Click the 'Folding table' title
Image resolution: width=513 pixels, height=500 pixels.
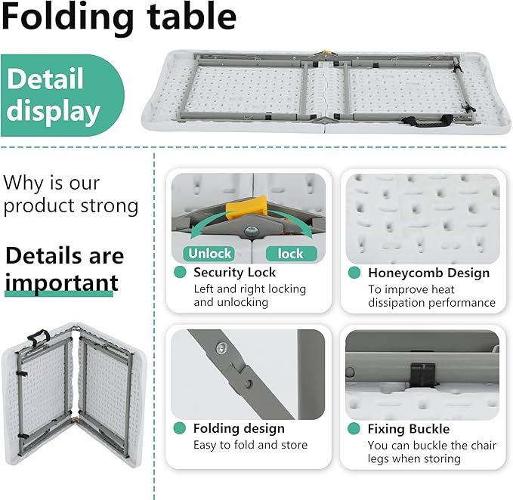119,18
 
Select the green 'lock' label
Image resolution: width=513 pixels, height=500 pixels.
291,254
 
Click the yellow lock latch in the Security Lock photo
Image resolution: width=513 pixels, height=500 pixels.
249,207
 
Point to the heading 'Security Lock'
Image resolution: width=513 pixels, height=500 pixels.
234,273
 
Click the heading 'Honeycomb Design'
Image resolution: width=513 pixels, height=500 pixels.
428,273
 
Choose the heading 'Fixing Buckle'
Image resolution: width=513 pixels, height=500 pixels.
408,429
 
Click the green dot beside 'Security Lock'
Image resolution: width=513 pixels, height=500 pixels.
180,273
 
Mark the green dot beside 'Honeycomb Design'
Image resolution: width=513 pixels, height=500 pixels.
353,273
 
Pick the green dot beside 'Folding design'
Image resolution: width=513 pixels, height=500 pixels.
180,428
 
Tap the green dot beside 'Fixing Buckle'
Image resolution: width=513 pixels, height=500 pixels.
353,429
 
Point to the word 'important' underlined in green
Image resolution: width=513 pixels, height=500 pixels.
60,282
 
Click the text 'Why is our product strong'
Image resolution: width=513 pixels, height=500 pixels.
70,194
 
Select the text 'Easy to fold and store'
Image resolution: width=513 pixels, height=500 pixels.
250,445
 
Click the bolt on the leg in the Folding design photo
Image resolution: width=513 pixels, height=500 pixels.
221,348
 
